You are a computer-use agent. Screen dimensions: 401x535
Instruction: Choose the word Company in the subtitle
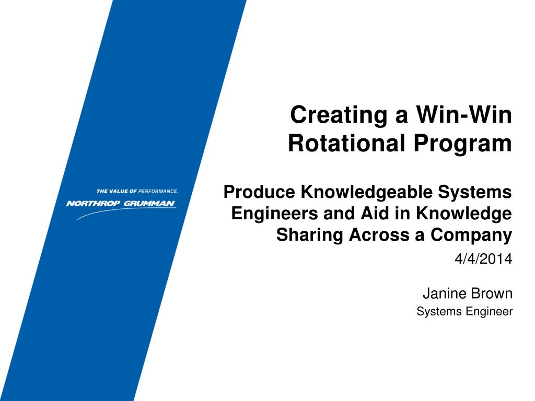click(471, 235)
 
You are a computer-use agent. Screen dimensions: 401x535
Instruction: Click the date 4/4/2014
click(484, 258)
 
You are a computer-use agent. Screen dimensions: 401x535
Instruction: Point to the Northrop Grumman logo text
click(121, 204)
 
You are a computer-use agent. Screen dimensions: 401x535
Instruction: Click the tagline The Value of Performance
click(137, 191)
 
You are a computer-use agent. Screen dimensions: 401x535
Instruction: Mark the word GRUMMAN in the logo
click(149, 204)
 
